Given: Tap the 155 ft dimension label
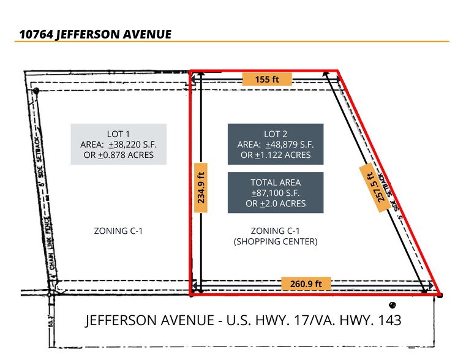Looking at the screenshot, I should [266, 79].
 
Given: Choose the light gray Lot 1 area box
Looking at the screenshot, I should [118, 144].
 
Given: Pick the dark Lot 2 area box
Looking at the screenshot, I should [275, 144].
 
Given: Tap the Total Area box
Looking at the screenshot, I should [275, 192].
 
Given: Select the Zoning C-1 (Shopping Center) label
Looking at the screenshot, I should [275, 236].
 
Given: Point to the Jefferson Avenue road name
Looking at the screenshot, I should [243, 320].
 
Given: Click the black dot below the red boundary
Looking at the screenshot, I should [392, 305].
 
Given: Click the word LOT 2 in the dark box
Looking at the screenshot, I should [275, 134].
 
